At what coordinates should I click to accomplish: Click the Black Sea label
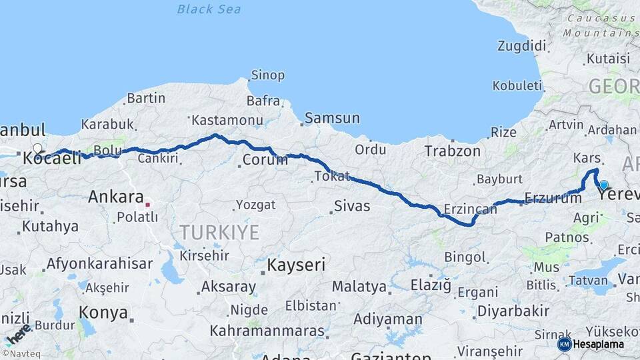[x=209, y=9]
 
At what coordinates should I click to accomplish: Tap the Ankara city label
[x=116, y=197]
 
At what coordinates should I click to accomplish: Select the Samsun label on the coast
[x=332, y=119]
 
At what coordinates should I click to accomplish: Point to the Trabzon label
[x=453, y=151]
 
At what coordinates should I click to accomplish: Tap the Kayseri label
[x=296, y=265]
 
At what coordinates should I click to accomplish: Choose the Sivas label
[x=352, y=206]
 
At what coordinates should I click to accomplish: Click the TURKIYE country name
[x=219, y=232]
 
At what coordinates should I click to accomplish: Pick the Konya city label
[x=103, y=312]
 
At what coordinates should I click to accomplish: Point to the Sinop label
[x=267, y=75]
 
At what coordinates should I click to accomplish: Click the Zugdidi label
[x=521, y=46]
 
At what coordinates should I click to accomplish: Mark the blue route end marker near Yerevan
[x=603, y=185]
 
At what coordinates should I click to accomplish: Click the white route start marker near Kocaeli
[x=37, y=149]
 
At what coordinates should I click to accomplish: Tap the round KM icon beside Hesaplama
[x=564, y=344]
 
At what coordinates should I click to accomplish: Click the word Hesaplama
[x=599, y=345]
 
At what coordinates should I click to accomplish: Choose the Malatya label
[x=359, y=287]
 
